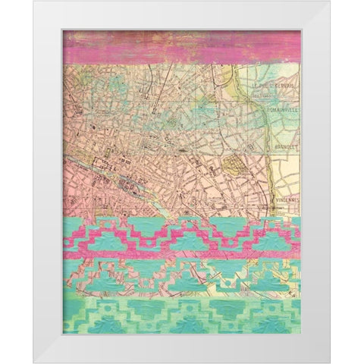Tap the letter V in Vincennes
tap(274, 200)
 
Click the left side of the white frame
tap(48, 182)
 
